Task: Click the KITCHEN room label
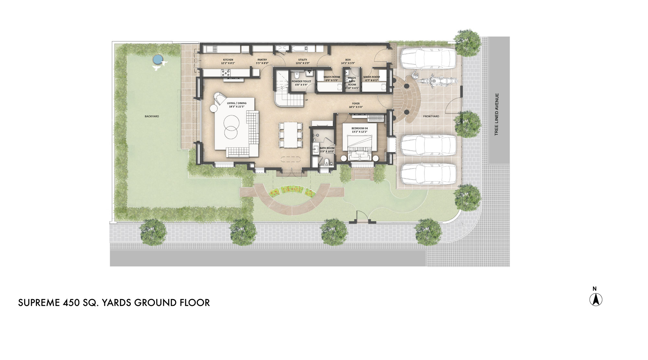[x=228, y=60]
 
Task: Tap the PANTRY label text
[x=262, y=60]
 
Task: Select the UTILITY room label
[x=303, y=60]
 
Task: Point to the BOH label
[x=348, y=60]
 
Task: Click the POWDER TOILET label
[x=301, y=82]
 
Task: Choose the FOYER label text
[x=356, y=104]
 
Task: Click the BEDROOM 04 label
[x=360, y=128]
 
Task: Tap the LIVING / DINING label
[x=237, y=103]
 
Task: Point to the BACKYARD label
[x=152, y=116]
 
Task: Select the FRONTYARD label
[x=431, y=116]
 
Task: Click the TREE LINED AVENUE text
[x=497, y=114]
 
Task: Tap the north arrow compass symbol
[x=596, y=299]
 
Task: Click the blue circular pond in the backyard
[x=157, y=59]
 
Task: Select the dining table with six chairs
[x=291, y=134]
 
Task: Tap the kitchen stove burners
[x=226, y=74]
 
